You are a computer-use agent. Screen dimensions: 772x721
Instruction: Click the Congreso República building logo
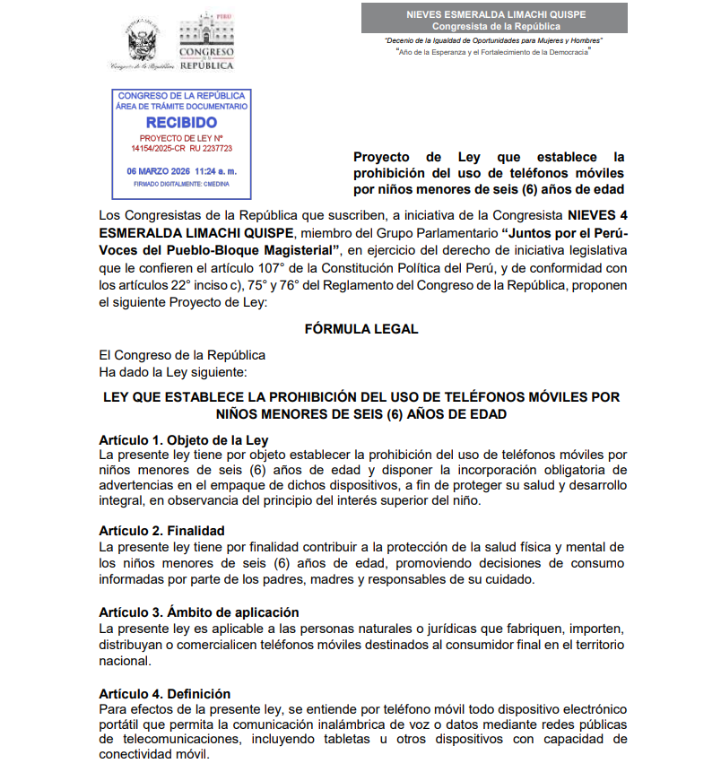(x=206, y=41)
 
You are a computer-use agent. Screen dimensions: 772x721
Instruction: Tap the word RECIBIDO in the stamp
(x=181, y=122)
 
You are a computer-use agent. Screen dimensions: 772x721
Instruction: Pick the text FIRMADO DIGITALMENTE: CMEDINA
(x=181, y=184)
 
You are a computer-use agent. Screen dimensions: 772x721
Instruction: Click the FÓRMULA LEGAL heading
(x=360, y=328)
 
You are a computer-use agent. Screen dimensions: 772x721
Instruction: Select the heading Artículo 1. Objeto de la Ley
(x=183, y=439)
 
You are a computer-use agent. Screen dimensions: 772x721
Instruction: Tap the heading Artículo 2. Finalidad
(x=161, y=531)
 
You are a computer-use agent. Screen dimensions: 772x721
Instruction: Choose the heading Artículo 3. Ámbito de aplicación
(x=198, y=612)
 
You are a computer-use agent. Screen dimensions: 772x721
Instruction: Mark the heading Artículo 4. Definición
(x=164, y=693)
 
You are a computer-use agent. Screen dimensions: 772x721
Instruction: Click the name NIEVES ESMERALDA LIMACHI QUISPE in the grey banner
(x=494, y=14)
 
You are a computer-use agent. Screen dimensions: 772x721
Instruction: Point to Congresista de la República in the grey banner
(x=494, y=26)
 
